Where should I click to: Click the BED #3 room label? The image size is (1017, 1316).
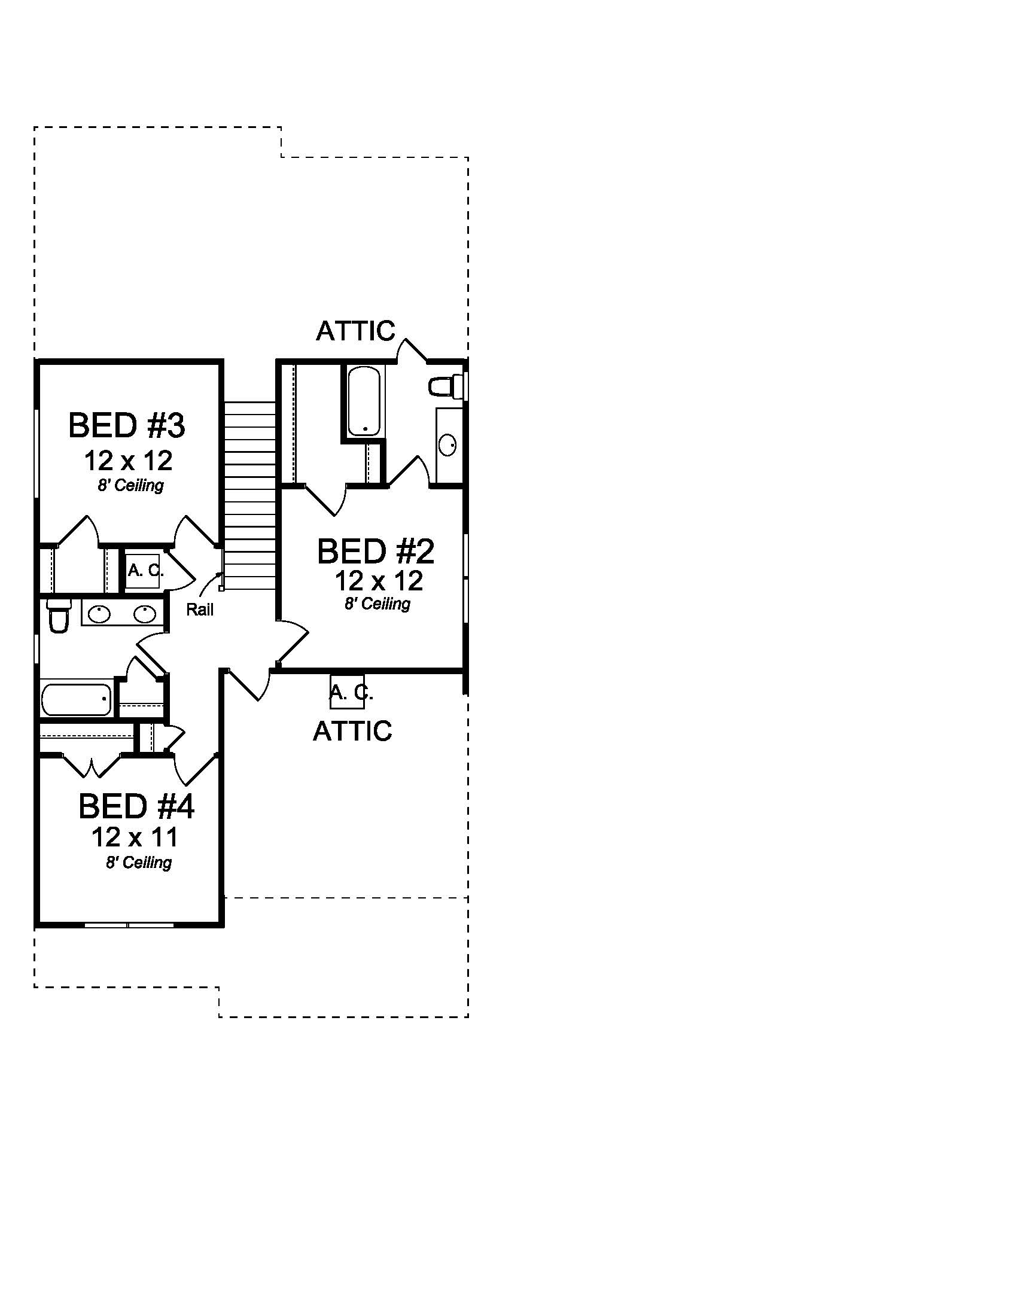(126, 425)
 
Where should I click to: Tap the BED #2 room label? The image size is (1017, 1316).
(375, 551)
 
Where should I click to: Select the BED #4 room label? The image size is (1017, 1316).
(136, 806)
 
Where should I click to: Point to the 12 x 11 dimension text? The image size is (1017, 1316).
(135, 837)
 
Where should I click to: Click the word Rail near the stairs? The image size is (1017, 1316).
(199, 610)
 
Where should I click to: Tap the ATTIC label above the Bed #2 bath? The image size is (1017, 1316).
(355, 331)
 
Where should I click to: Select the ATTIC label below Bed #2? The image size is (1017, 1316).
(352, 731)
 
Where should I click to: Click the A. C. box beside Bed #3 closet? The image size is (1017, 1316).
(144, 570)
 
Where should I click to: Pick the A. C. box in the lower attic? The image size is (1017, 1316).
(348, 692)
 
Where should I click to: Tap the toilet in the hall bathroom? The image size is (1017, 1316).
(59, 616)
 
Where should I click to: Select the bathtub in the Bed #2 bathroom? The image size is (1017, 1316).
(363, 401)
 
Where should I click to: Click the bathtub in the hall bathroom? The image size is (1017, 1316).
(77, 699)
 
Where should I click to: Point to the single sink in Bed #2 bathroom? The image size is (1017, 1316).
(447, 445)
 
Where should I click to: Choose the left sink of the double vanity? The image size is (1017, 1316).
(99, 614)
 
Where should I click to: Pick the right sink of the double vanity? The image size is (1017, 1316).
(145, 614)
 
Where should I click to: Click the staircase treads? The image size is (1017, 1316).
(249, 494)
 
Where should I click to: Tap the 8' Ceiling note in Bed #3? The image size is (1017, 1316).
(131, 485)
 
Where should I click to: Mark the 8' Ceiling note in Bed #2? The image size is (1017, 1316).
(377, 603)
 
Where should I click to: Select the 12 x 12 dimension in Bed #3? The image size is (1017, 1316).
(129, 461)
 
